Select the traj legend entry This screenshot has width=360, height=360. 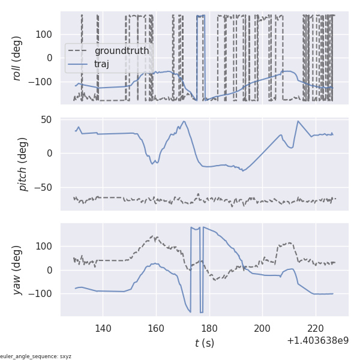(x=101, y=64)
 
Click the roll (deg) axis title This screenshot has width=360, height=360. (x=17, y=58)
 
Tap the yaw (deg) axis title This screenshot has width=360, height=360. (x=17, y=269)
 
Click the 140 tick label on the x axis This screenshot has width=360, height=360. (x=103, y=328)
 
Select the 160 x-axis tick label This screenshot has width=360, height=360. (x=156, y=328)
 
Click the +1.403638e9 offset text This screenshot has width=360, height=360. (x=317, y=341)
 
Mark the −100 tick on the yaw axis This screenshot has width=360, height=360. (x=42, y=294)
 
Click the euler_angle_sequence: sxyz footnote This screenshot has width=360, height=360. (x=36, y=356)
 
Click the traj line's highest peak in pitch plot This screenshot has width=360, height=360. (x=184, y=121)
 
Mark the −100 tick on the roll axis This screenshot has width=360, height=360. (x=42, y=82)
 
